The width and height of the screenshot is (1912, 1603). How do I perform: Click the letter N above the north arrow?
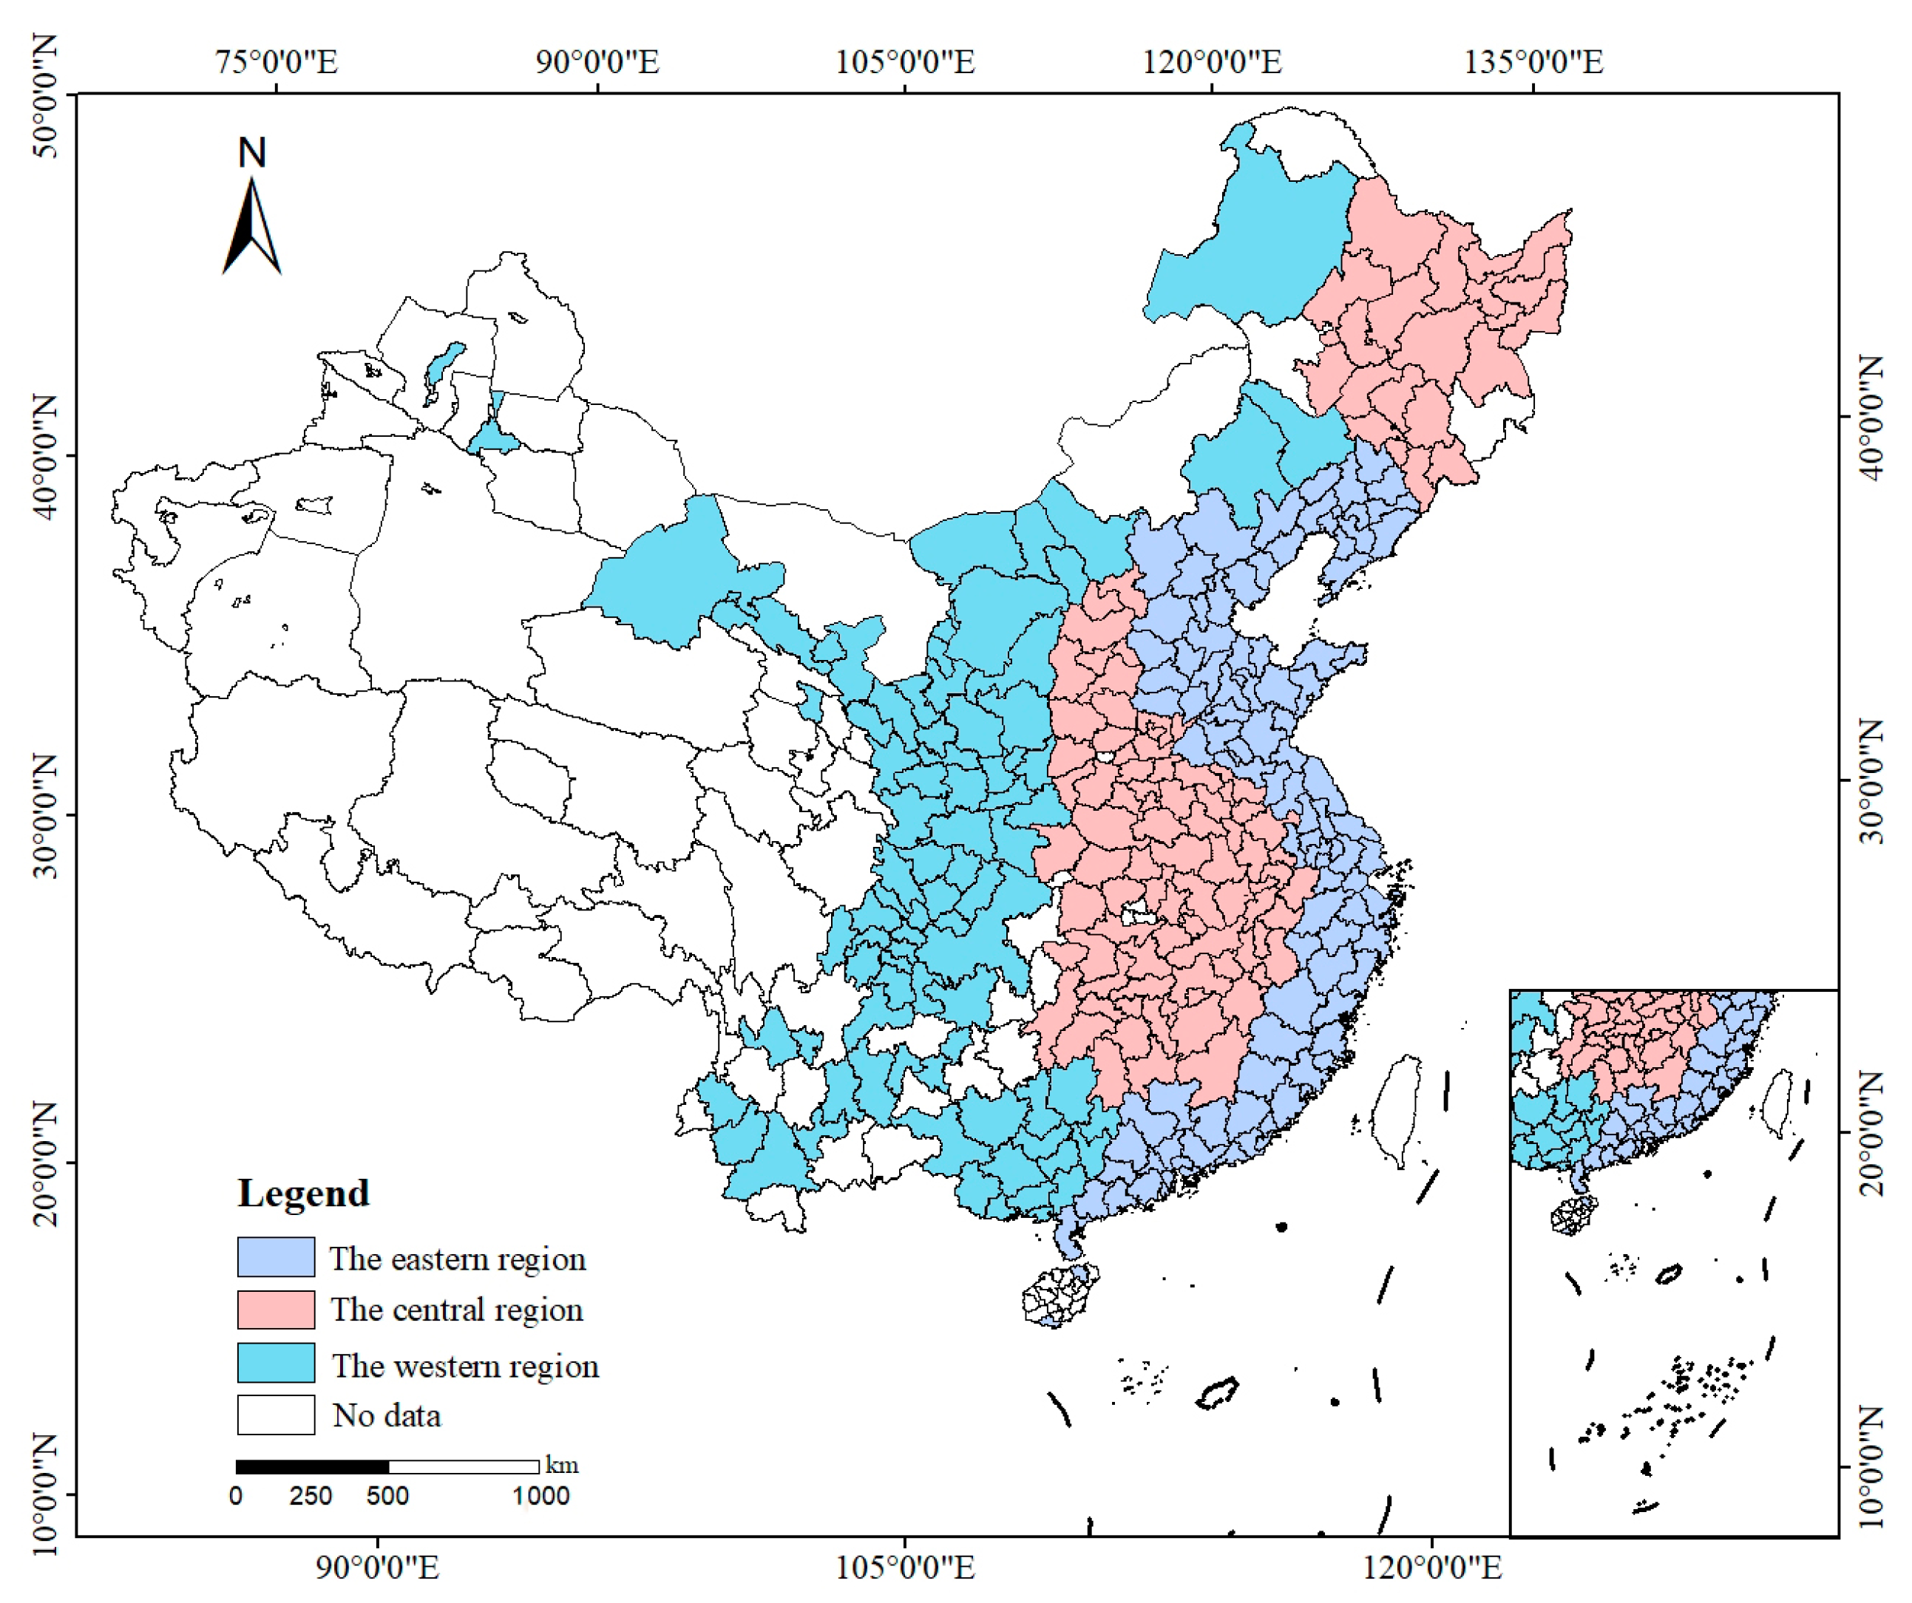tap(252, 153)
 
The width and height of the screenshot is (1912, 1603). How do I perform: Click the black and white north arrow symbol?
tap(252, 228)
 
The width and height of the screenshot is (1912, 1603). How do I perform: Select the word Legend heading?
tap(303, 1194)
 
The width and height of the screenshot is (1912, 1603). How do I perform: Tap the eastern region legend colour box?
tap(276, 1257)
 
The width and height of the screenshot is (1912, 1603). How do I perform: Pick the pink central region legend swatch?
tap(276, 1310)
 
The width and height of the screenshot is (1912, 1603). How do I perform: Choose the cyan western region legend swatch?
tap(276, 1363)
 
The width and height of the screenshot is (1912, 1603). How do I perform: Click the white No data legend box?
tap(276, 1415)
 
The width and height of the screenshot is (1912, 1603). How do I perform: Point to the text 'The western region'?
tap(464, 1367)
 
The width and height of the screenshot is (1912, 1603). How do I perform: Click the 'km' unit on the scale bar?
tap(562, 1465)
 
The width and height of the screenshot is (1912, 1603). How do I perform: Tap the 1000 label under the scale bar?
tap(540, 1497)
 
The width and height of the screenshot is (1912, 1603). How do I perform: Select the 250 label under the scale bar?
tap(311, 1497)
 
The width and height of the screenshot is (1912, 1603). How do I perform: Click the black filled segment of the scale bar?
tap(312, 1466)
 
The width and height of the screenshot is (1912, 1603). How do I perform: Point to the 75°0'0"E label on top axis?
tap(276, 62)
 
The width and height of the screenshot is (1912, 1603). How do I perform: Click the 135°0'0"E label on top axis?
tap(1533, 62)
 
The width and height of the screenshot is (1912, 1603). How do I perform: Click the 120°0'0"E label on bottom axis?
tap(1432, 1568)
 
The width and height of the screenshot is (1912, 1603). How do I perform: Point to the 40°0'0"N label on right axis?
tap(1872, 417)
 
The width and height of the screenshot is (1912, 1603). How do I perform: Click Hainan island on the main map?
tap(1059, 1293)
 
